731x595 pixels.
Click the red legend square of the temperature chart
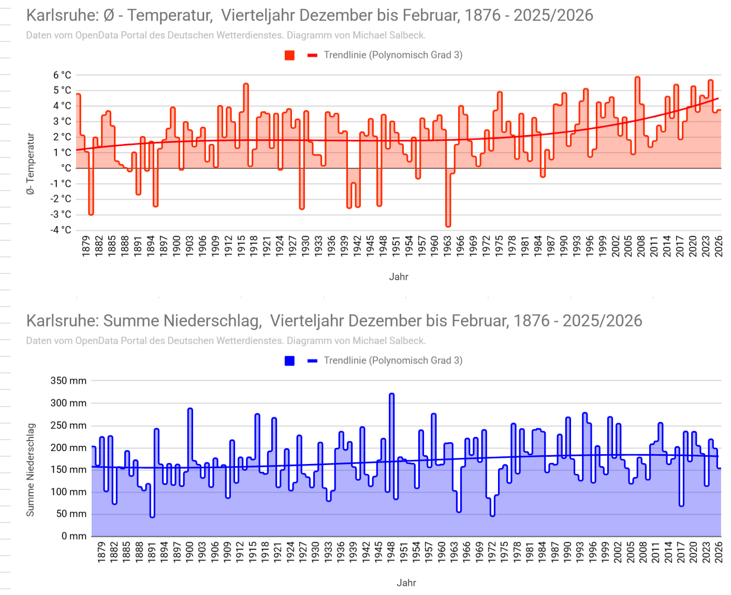pos(289,55)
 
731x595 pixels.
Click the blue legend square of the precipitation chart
pos(289,361)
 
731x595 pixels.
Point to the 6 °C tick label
pos(62,75)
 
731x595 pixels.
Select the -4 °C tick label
pos(61,230)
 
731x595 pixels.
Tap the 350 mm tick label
pos(68,381)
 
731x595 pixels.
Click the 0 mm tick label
pos(74,536)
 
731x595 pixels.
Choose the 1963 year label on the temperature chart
pos(448,246)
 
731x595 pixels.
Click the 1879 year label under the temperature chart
pos(86,246)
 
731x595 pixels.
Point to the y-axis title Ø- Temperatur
pos(31,164)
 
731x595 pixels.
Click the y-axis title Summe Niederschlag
pos(31,470)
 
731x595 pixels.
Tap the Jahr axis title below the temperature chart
pos(399,277)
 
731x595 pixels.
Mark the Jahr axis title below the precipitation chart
pos(406,583)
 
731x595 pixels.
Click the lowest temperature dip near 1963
pos(448,225)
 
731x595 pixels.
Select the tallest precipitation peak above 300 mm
pos(391,395)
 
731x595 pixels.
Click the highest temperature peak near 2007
pos(637,78)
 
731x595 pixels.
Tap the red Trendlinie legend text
pos(393,55)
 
